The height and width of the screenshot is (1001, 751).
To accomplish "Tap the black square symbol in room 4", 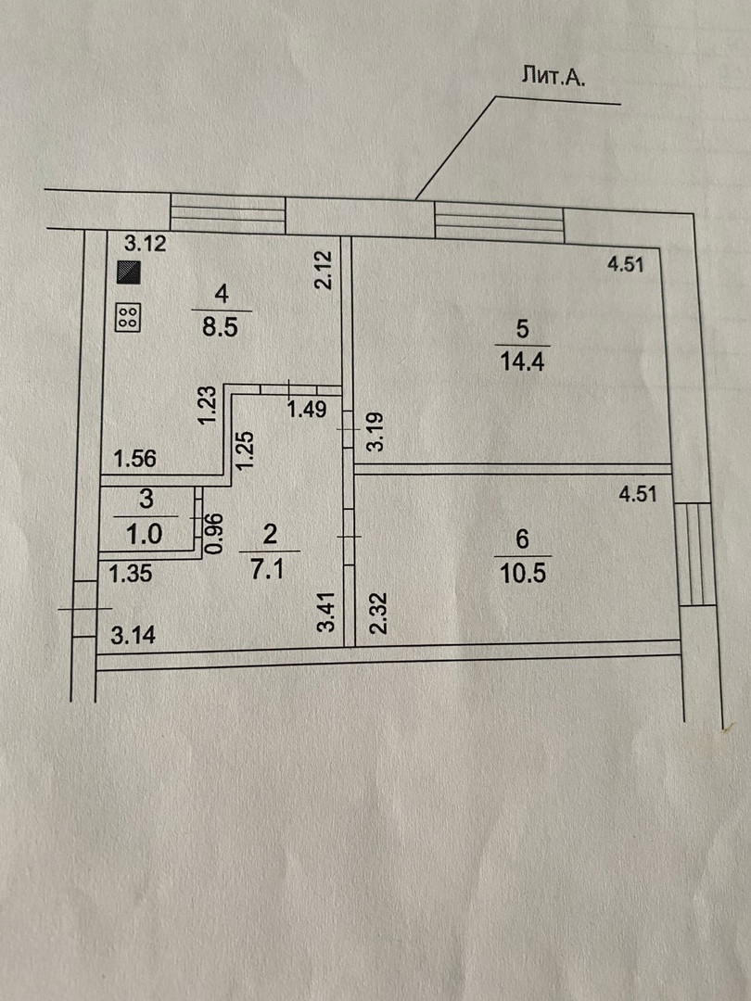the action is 128,272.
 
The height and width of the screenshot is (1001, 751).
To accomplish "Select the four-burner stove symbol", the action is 128,318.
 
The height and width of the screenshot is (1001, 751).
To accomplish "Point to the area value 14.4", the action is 520,361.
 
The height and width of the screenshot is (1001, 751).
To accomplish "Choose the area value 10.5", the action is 521,571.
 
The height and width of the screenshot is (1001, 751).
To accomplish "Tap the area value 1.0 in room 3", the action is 146,533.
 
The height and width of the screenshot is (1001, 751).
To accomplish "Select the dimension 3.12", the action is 145,245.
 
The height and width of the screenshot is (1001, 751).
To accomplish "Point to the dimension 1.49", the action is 306,409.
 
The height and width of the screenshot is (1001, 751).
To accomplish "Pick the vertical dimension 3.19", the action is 375,433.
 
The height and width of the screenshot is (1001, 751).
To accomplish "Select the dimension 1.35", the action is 129,575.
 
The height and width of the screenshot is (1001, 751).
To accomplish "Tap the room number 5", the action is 522,328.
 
